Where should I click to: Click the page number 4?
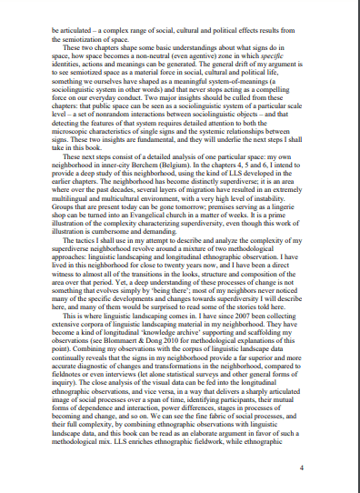pos(301,467)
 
